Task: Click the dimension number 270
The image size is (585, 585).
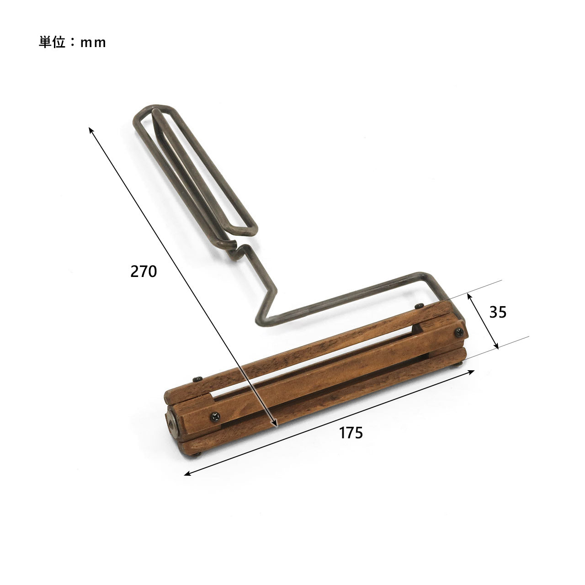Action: [144, 271]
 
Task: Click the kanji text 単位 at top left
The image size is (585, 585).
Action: [52, 42]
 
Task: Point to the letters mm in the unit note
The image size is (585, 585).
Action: [93, 43]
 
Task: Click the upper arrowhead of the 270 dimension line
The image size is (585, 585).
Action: [91, 131]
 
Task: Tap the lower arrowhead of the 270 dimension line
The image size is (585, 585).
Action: [274, 423]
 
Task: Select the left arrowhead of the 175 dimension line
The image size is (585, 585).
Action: [188, 473]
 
